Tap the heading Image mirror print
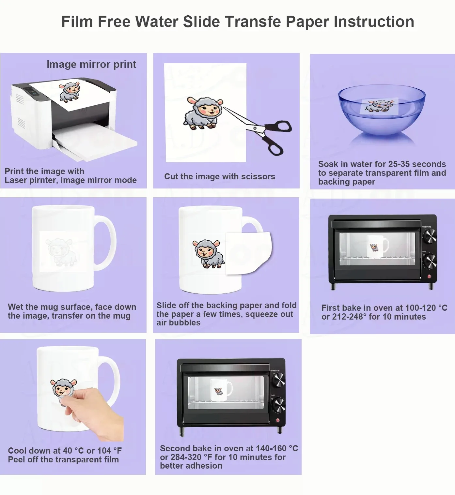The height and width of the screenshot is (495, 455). click(91, 65)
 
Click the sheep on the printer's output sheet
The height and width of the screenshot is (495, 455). click(70, 92)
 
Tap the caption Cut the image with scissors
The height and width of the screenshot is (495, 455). click(220, 176)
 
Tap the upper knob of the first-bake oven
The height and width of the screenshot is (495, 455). click(430, 235)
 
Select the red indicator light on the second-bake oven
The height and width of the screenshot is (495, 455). click(278, 420)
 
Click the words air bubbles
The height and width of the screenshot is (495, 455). click(178, 323)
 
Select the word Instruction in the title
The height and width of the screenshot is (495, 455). click(374, 22)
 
